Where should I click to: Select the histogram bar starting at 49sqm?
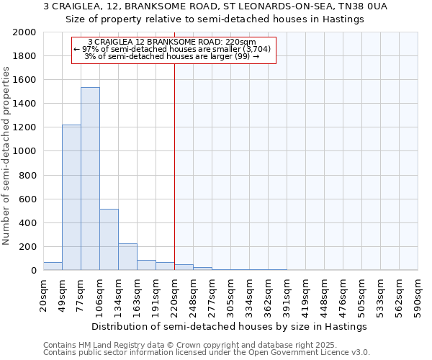71,197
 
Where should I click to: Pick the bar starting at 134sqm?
127,256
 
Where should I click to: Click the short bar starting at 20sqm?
53,266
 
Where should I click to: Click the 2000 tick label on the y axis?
24,33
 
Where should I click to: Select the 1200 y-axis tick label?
24,128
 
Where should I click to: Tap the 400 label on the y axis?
27,223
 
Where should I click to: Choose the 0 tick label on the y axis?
34,271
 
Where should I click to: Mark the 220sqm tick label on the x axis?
175,294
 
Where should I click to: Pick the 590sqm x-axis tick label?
418,294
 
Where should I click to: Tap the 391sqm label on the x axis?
287,294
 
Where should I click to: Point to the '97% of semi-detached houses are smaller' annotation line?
171,49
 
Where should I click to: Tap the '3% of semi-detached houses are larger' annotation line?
171,56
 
